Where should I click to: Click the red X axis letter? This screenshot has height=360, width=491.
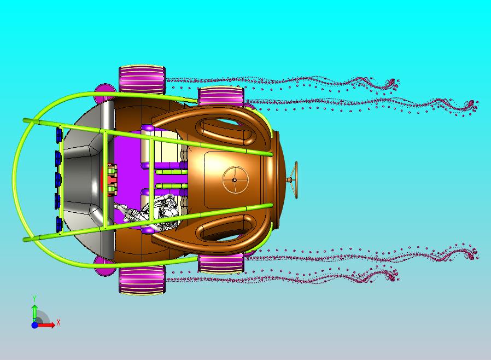pyautogui.click(x=59, y=322)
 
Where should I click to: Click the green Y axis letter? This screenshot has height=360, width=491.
pyautogui.click(x=34, y=298)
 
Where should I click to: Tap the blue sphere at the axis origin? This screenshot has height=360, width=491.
pyautogui.click(x=34, y=325)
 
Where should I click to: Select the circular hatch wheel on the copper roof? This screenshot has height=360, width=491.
pyautogui.click(x=235, y=180)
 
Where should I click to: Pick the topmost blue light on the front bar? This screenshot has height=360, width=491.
pyautogui.click(x=59, y=135)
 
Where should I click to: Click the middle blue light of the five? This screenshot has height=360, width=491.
pyautogui.click(x=59, y=179)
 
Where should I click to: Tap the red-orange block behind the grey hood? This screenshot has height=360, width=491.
pyautogui.click(x=110, y=180)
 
